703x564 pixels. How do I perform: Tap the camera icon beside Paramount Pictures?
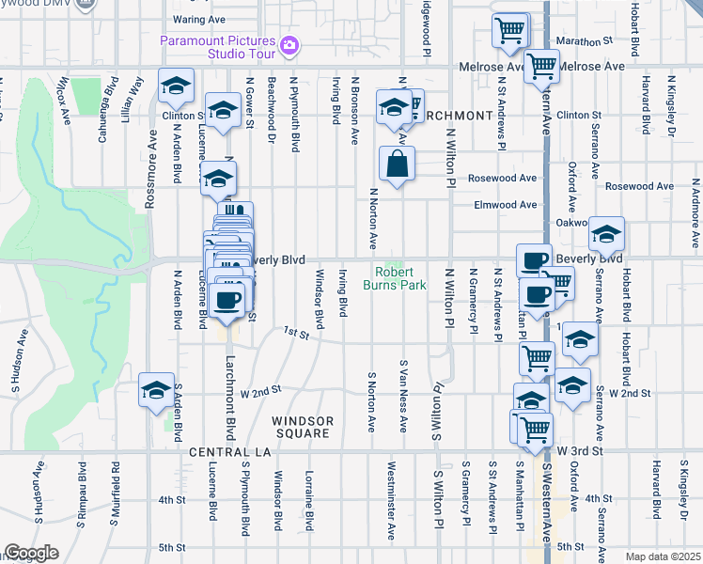click(x=289, y=44)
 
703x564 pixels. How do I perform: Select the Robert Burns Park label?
click(x=396, y=278)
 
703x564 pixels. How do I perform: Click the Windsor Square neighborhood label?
click(x=303, y=427)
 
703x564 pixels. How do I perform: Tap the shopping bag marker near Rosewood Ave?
click(x=398, y=163)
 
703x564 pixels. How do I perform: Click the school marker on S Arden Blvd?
click(x=156, y=390)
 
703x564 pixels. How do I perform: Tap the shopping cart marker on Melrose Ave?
click(x=541, y=66)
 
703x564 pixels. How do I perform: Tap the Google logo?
click(x=31, y=553)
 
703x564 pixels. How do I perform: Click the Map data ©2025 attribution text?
click(x=664, y=556)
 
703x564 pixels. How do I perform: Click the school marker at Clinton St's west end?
click(x=176, y=86)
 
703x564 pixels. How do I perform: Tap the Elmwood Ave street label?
click(x=506, y=204)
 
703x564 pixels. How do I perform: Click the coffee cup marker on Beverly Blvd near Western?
click(x=534, y=260)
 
